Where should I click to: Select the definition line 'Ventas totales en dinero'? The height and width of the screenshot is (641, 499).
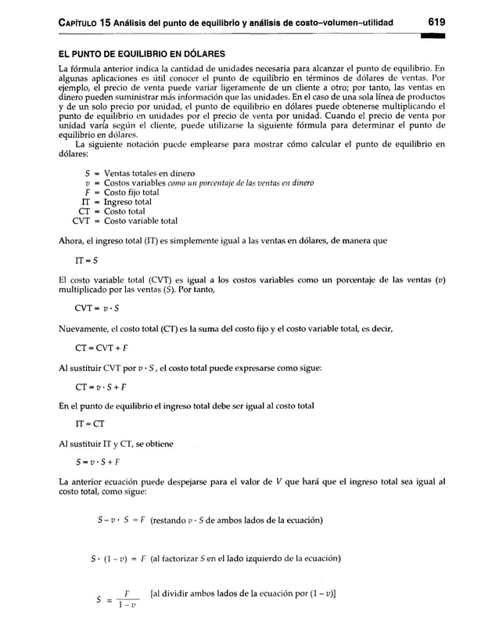pyautogui.click(x=138, y=173)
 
